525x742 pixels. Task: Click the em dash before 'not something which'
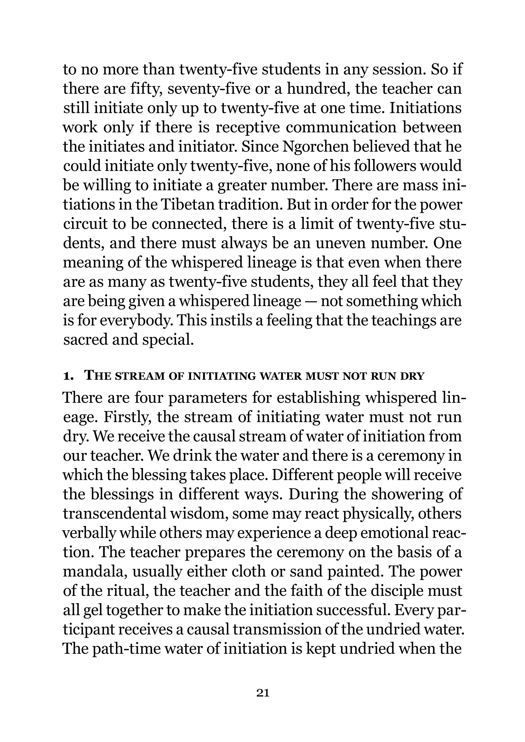tap(311, 302)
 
